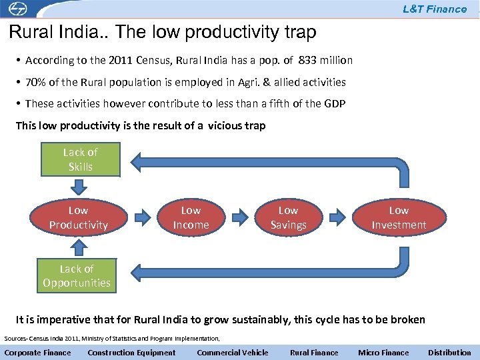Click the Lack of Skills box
point(81,159)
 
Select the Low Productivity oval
point(79,218)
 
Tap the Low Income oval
point(191,218)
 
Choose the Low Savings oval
point(288,218)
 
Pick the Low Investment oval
point(399,218)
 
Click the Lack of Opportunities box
point(77,275)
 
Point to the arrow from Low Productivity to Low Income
point(143,217)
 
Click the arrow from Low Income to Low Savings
point(241,217)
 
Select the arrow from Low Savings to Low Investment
point(339,217)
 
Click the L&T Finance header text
point(435,9)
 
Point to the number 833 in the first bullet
point(308,61)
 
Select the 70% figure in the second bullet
point(35,82)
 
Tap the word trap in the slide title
point(298,32)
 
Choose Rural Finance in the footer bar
point(314,353)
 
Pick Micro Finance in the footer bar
point(383,353)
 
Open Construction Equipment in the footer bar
point(132,353)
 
